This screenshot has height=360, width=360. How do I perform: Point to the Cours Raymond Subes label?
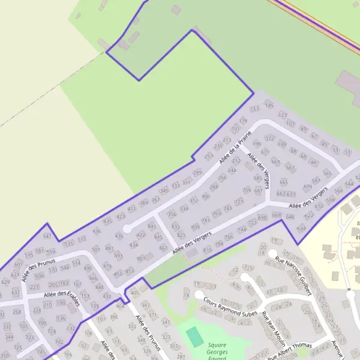pos(223,306)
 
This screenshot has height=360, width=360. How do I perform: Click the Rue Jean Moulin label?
pos(273,329)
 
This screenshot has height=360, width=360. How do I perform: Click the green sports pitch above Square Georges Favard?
pos(194,337)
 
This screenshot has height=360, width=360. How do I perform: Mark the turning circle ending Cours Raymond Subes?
pos(199,295)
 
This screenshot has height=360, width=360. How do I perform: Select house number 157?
pos(254,109)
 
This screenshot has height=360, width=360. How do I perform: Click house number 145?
pos(269,106)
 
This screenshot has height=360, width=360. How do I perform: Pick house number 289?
pos(197,173)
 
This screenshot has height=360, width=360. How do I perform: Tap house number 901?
pos(141,259)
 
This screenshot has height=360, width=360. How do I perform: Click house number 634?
pos(301,229)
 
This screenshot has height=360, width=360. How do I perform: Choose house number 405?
pos(135,293)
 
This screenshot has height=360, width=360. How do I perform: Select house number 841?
pos(152,227)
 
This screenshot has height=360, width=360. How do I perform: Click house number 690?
pos(262,218)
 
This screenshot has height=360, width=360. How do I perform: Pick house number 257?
pos(209,157)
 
